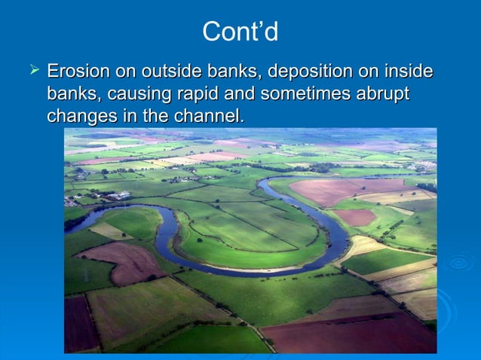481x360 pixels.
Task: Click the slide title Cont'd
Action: pos(240,32)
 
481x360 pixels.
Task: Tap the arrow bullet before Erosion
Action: pos(33,72)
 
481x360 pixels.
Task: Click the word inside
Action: pos(407,72)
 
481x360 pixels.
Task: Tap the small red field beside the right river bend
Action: pos(354,217)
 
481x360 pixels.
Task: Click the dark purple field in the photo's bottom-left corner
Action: pos(80,324)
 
